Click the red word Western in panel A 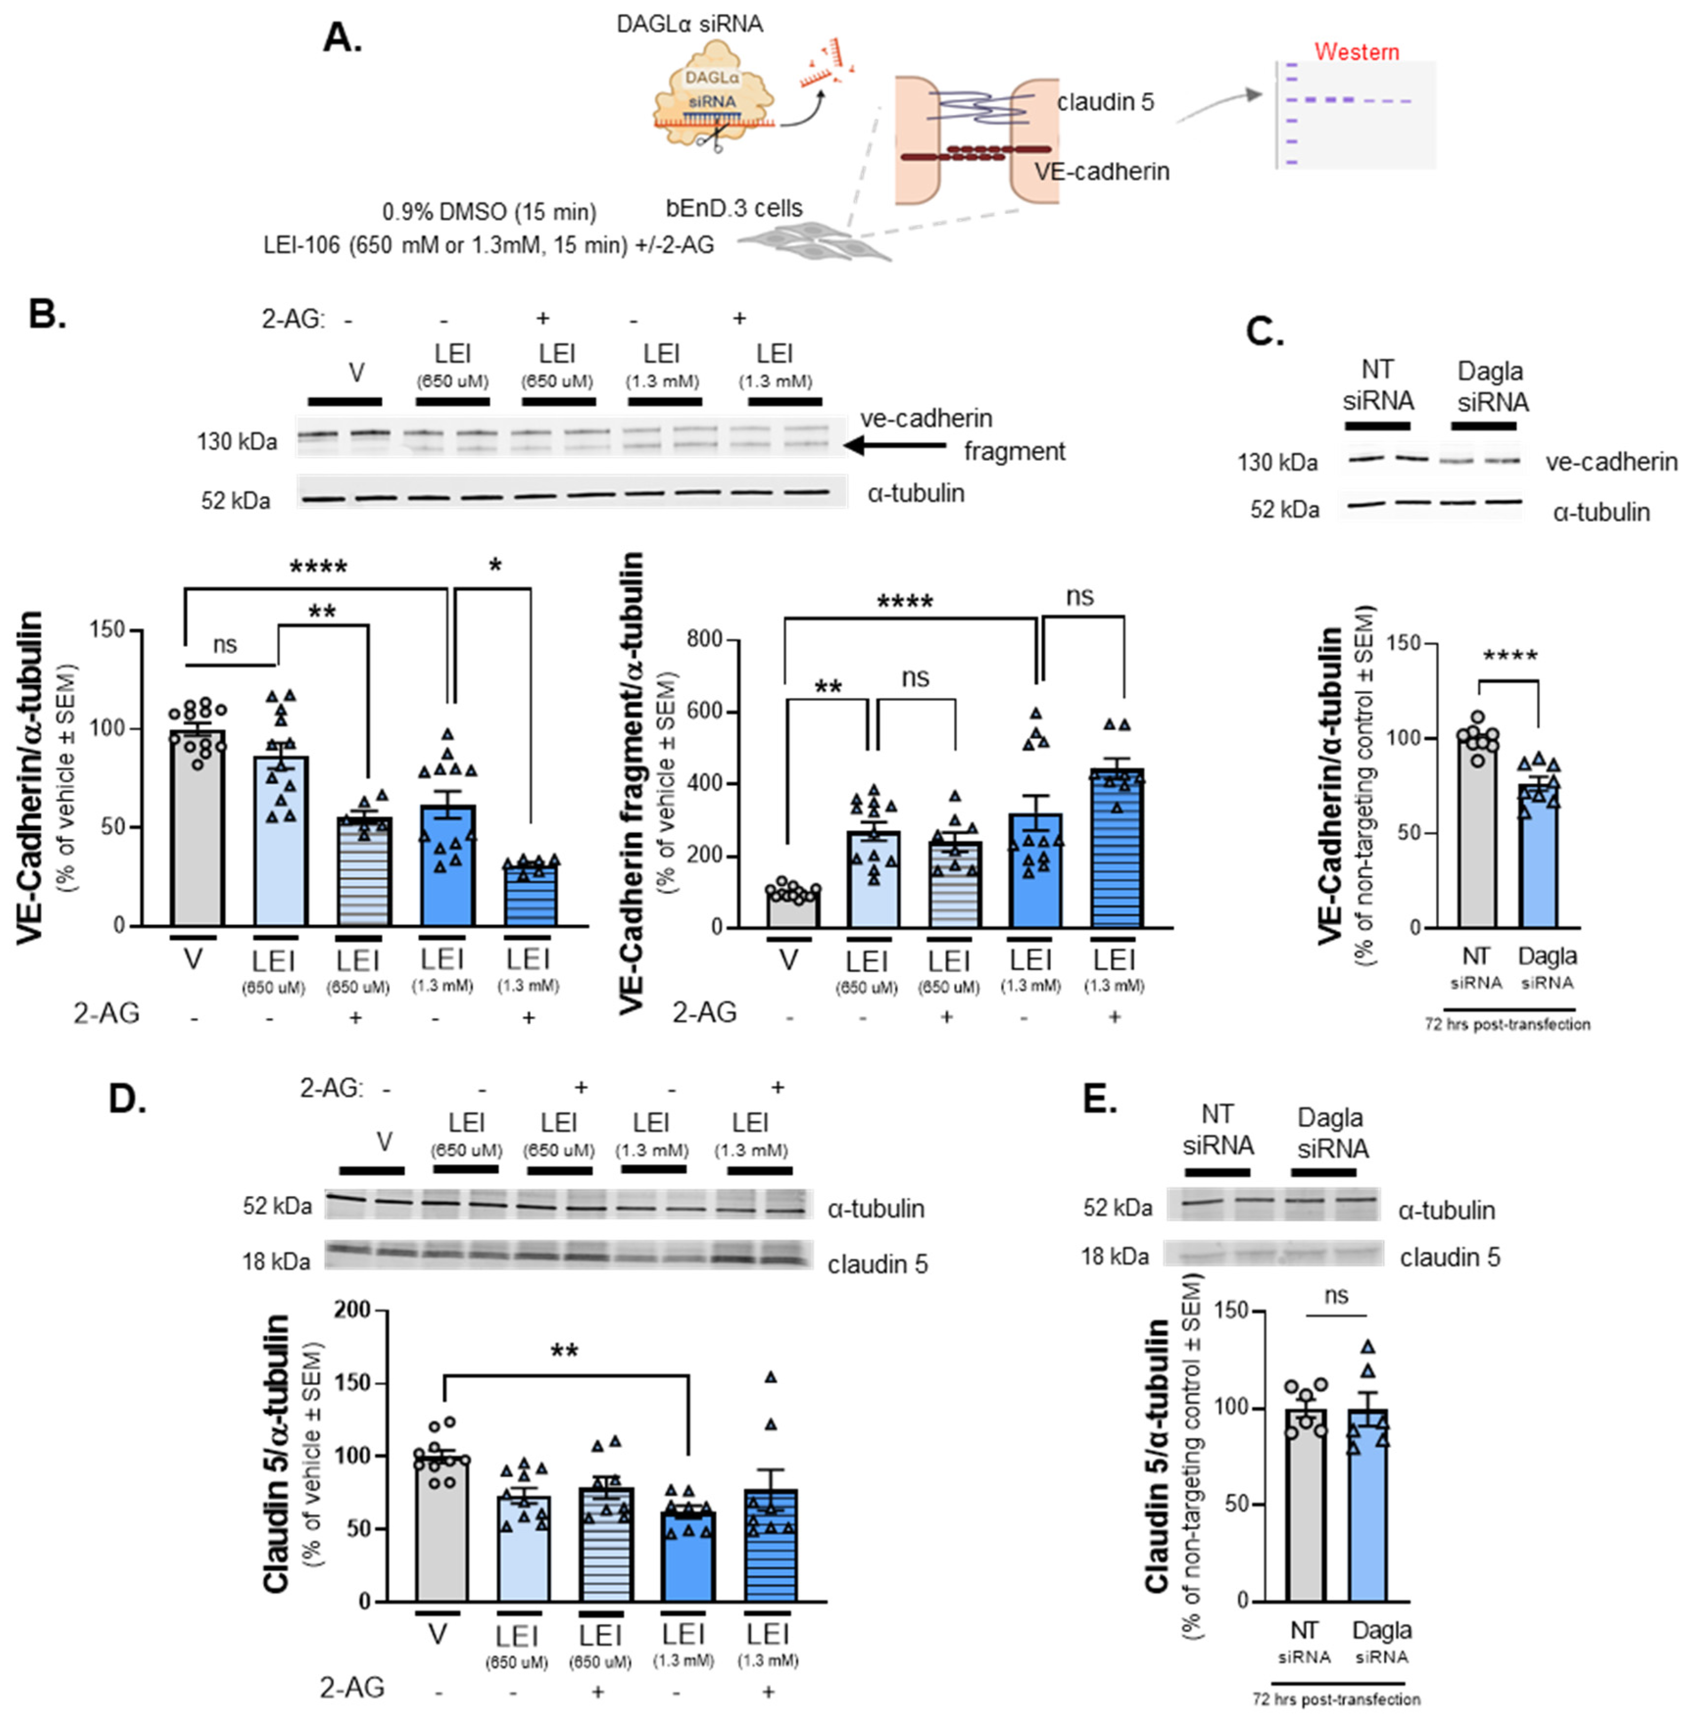[x=1356, y=51]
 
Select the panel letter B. [x=46, y=313]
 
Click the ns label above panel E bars [x=1336, y=1295]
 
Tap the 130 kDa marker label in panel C [x=1277, y=462]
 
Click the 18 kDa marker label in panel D [x=276, y=1261]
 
